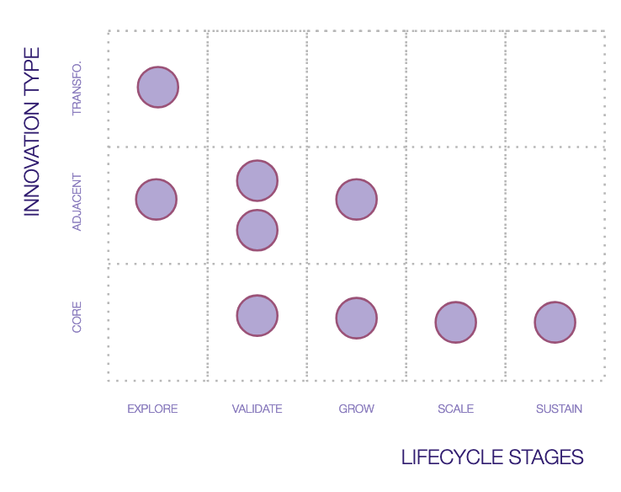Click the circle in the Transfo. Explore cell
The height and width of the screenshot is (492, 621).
[158, 87]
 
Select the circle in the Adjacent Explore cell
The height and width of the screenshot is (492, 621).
[157, 200]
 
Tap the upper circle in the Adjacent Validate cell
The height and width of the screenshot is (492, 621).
[257, 180]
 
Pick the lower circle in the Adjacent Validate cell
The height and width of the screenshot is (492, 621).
[257, 230]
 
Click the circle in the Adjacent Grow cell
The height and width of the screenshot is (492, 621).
[357, 200]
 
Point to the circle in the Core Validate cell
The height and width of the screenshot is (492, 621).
[257, 315]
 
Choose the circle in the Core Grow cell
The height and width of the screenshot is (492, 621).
[357, 318]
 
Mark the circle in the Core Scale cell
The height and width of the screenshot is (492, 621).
[456, 322]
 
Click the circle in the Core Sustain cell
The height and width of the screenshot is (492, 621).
[555, 322]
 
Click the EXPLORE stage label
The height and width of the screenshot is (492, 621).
[152, 409]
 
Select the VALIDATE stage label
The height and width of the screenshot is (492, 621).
[257, 409]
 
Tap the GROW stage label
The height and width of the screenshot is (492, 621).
[357, 409]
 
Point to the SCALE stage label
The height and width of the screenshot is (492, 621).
[455, 409]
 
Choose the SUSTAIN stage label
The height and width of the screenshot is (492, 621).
[559, 409]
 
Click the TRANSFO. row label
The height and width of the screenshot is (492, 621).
[77, 88]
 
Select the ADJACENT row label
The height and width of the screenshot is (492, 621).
[77, 202]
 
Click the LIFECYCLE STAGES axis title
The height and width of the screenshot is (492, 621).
[492, 457]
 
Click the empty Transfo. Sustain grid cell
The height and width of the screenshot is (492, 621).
[555, 88]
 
